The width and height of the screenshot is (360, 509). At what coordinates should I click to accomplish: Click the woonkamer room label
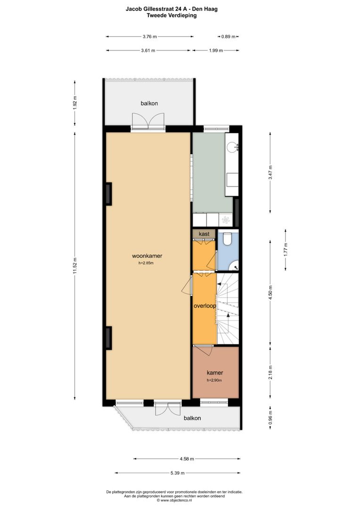pyautogui.click(x=147, y=256)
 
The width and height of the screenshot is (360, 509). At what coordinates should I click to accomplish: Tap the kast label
pyautogui.click(x=204, y=234)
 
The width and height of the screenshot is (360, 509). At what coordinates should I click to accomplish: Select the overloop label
pyautogui.click(x=205, y=306)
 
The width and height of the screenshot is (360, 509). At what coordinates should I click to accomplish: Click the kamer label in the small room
pyautogui.click(x=215, y=373)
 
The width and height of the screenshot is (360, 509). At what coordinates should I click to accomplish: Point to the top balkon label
pyautogui.click(x=149, y=103)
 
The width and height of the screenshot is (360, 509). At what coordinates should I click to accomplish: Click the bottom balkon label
pyautogui.click(x=192, y=418)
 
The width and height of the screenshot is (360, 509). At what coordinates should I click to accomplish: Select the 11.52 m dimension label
pyautogui.click(x=74, y=265)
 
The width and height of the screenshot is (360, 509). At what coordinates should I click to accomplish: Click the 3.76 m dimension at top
pyautogui.click(x=150, y=37)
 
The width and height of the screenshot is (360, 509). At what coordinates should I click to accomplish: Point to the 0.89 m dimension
pyautogui.click(x=228, y=37)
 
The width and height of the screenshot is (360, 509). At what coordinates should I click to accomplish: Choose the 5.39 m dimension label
pyautogui.click(x=178, y=473)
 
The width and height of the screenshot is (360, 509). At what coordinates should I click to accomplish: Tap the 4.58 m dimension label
pyautogui.click(x=187, y=459)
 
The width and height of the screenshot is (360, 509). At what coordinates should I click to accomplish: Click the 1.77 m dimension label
pyautogui.click(x=286, y=249)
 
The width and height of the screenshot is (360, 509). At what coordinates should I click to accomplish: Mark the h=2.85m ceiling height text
pyautogui.click(x=146, y=263)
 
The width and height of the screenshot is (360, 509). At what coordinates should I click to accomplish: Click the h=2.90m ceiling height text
pyautogui.click(x=214, y=380)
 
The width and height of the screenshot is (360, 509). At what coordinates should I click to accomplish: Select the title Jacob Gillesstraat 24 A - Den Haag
pyautogui.click(x=172, y=9)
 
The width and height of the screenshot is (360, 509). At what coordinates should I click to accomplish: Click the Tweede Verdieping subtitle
pyautogui.click(x=172, y=15)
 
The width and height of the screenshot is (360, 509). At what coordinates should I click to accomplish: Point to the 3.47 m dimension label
pyautogui.click(x=270, y=172)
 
